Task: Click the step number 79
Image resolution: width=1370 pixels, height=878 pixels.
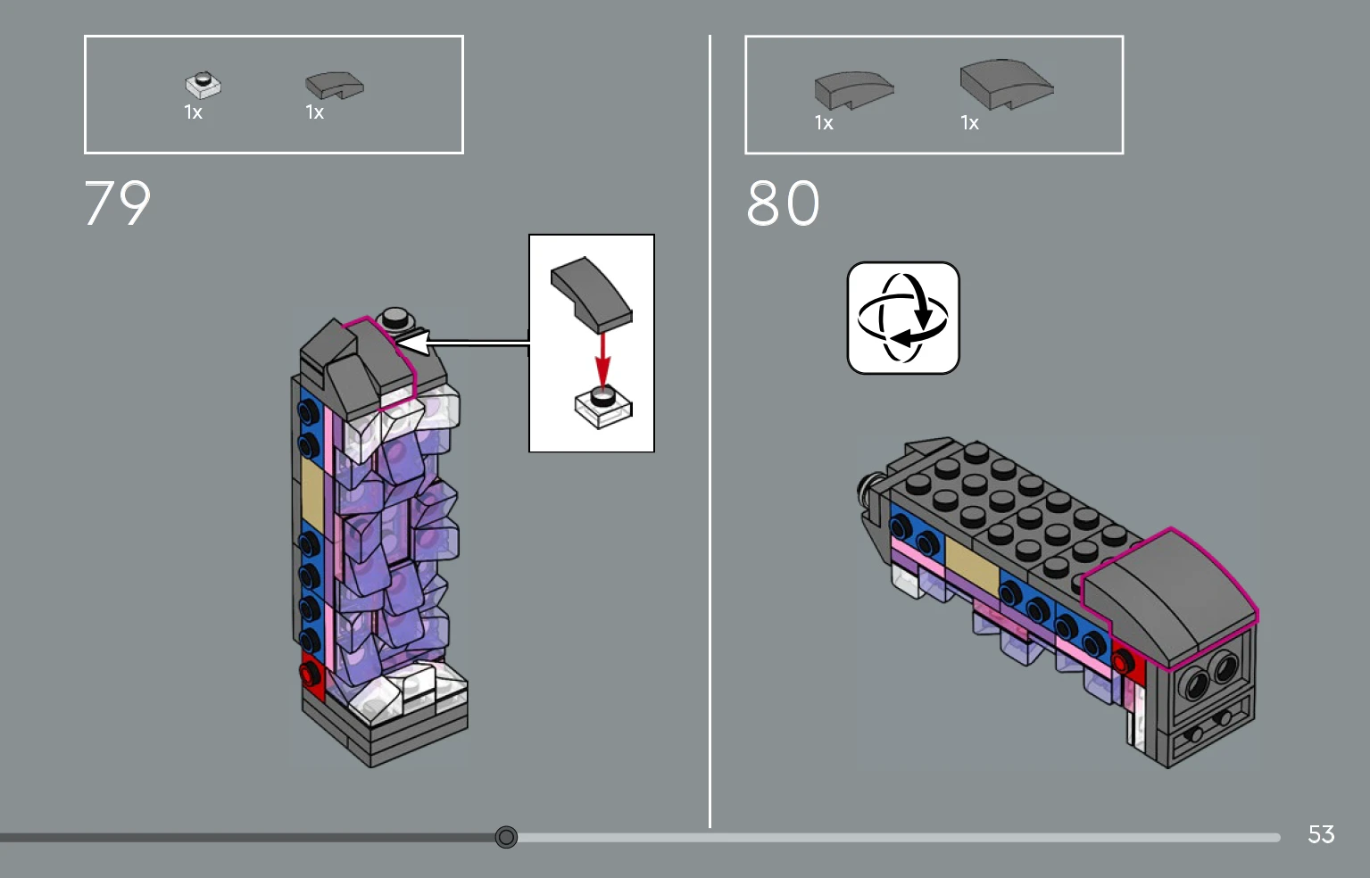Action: coord(117,203)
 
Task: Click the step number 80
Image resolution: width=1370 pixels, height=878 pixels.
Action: coord(783,203)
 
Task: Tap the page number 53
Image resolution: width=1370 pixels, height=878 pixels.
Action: coord(1321,834)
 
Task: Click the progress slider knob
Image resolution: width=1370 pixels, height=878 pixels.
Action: coord(506,837)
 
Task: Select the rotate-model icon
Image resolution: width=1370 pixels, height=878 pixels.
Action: coord(902,318)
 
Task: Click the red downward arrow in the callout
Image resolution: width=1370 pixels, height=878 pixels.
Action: coord(603,360)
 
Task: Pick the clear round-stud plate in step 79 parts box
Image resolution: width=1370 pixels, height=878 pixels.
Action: coord(203,85)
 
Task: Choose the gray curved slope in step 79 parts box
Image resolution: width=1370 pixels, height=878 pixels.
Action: coord(335,85)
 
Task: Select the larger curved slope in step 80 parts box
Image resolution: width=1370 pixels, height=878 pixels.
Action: coord(1007,85)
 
